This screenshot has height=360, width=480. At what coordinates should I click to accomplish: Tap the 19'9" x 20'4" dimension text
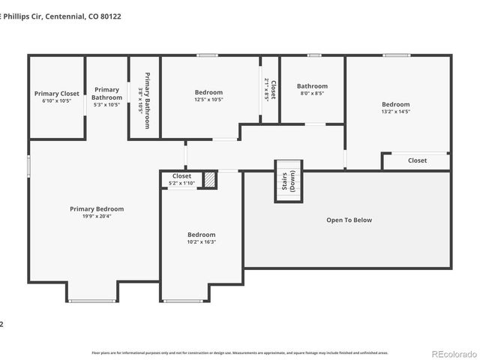point(97,217)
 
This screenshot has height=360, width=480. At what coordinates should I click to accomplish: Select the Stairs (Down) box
point(287,181)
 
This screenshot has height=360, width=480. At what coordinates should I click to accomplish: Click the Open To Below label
point(349,220)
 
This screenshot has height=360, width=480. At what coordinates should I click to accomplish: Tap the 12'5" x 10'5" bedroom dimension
point(208,100)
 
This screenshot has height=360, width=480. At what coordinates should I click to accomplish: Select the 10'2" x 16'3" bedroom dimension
point(201,242)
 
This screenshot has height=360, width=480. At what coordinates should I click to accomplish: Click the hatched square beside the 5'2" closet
point(210,180)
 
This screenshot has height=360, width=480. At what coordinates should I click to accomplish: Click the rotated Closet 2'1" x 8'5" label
point(270,91)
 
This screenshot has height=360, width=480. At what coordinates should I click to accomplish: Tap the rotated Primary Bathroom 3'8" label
point(144,100)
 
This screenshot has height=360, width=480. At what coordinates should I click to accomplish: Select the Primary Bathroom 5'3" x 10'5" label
point(106,97)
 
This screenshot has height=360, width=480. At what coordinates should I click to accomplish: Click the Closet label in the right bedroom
point(417,160)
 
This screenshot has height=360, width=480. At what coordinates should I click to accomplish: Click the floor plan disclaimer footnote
point(239,352)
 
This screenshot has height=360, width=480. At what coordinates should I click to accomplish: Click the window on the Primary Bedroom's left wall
point(28,166)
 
